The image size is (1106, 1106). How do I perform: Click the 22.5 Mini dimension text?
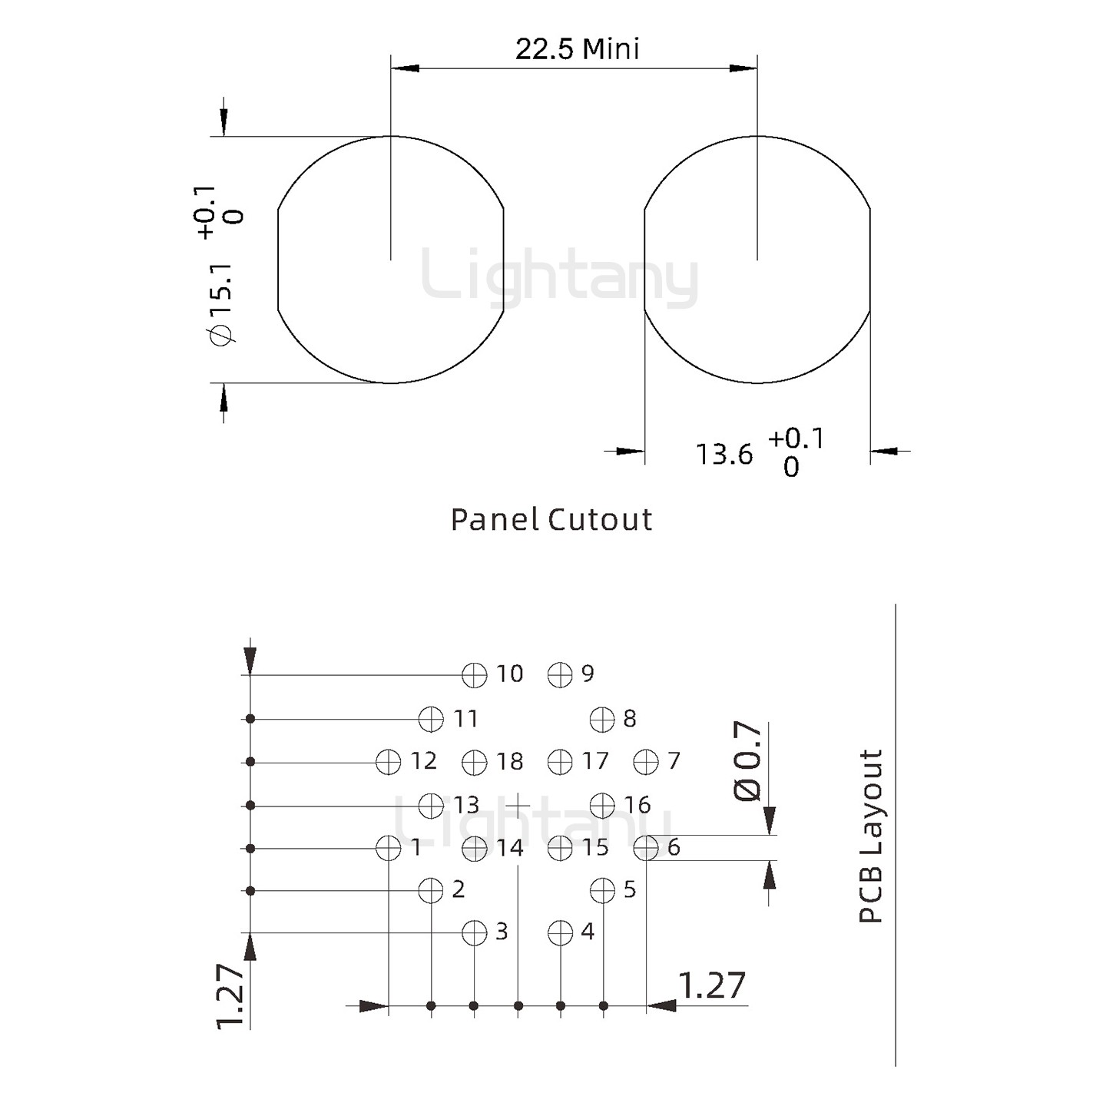coord(577,49)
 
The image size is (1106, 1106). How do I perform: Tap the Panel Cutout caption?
coord(551,520)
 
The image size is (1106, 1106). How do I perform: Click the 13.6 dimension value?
coord(724,455)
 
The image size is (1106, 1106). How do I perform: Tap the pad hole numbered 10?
coord(475,675)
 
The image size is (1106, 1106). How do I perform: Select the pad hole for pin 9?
coord(560,675)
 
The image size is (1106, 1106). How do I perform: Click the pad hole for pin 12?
coord(389,762)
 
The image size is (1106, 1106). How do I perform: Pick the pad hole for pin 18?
coord(475,762)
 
